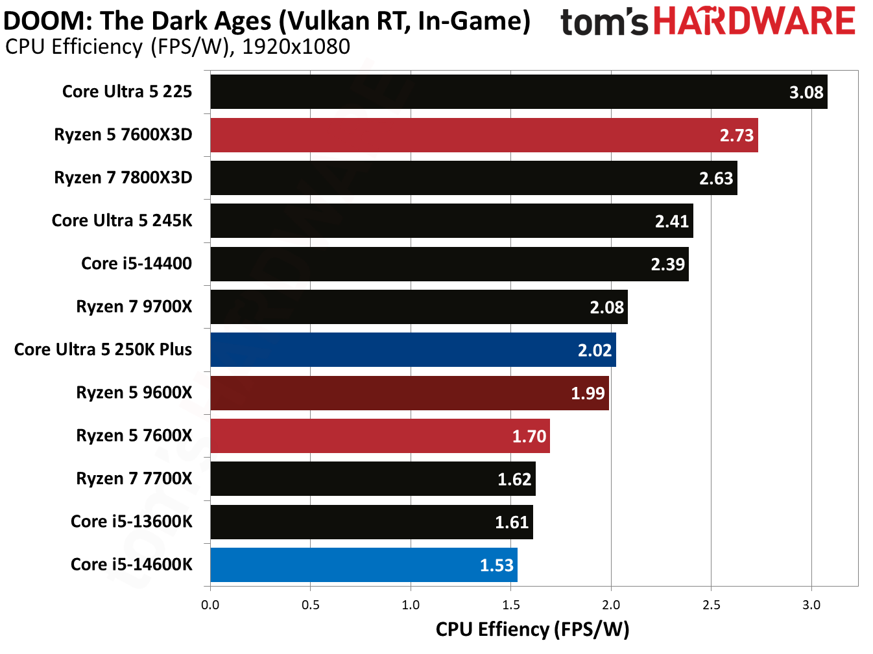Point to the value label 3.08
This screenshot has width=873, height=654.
tap(806, 93)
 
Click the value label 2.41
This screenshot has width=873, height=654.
tap(671, 222)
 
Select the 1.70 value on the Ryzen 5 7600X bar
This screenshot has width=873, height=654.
tap(529, 436)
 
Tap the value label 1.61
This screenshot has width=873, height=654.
tap(512, 522)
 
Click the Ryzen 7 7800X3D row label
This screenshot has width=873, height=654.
tap(123, 178)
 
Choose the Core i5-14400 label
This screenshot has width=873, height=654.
tap(136, 264)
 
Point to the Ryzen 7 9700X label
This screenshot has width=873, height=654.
tap(134, 307)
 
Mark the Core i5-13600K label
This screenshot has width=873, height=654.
tap(132, 522)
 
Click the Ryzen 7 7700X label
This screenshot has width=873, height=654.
tap(134, 479)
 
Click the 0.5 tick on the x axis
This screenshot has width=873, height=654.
tap(311, 605)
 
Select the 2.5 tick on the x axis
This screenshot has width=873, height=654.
tap(711, 605)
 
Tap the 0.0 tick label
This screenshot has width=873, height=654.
tap(210, 605)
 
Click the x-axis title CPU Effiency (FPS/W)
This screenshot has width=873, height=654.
tap(532, 629)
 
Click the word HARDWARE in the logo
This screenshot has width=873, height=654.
tap(754, 21)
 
